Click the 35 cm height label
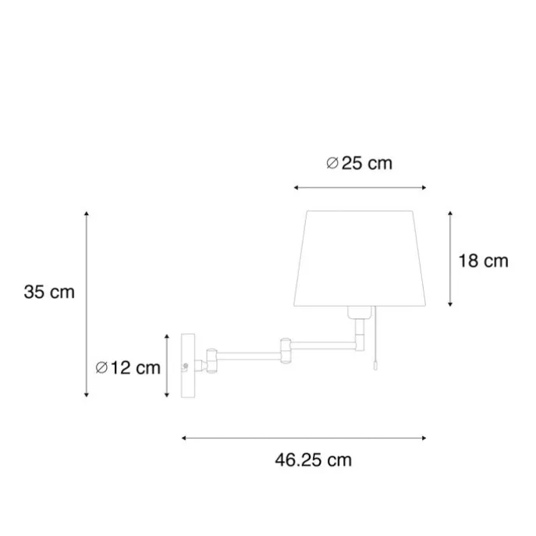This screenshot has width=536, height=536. [x=49, y=293]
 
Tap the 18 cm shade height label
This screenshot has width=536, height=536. [x=484, y=261]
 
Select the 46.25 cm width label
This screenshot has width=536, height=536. [x=313, y=460]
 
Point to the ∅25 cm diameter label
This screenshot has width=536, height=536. [x=359, y=163]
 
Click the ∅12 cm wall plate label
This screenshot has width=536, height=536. [x=128, y=367]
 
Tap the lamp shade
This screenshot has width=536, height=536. [x=360, y=258]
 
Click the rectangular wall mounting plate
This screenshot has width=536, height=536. [x=188, y=366]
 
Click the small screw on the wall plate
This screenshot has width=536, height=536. [x=186, y=366]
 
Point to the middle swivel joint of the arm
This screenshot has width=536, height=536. [x=286, y=350]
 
